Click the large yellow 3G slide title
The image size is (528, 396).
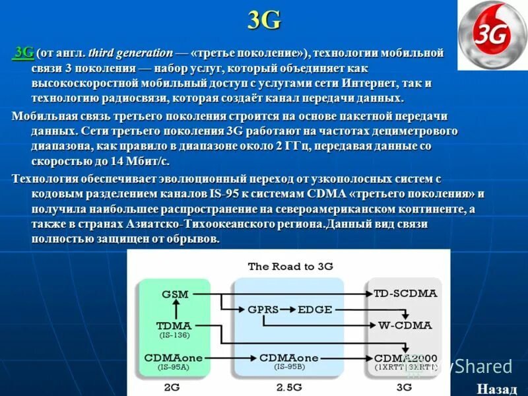click(264, 20)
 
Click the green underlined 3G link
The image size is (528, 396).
click(24, 52)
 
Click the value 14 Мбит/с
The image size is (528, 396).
click(140, 161)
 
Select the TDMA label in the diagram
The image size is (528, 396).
click(174, 325)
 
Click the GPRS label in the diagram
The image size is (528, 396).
click(263, 309)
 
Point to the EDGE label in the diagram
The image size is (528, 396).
click(315, 309)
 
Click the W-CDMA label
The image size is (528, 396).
click(405, 325)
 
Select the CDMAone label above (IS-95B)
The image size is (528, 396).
click(288, 357)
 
